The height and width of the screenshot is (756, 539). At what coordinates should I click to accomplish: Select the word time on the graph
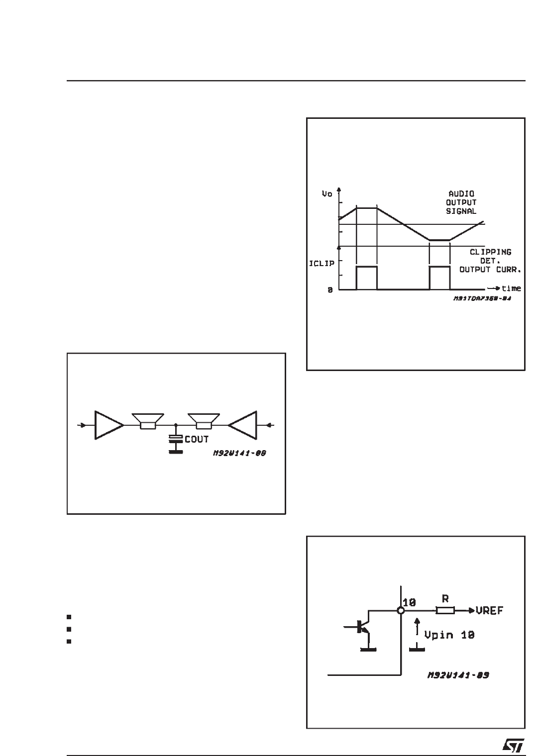511,288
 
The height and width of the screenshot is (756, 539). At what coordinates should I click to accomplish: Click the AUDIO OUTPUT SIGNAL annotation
461,202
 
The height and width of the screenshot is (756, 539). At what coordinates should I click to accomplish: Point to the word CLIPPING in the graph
490,252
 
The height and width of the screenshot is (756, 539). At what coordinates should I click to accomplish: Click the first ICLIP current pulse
367,278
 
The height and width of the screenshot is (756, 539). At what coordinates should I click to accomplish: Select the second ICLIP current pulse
439,278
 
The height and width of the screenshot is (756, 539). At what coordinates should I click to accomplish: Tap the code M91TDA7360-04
482,300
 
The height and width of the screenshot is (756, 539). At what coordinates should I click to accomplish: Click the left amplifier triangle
108,425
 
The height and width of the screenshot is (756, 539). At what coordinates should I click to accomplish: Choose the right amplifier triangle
244,425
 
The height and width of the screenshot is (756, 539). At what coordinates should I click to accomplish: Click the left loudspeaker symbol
148,421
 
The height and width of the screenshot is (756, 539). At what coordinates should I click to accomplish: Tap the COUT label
197,440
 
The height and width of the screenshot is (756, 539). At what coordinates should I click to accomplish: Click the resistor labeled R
445,610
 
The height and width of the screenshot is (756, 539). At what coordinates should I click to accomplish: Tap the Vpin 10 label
449,635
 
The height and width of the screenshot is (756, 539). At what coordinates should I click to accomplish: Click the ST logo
513,744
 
